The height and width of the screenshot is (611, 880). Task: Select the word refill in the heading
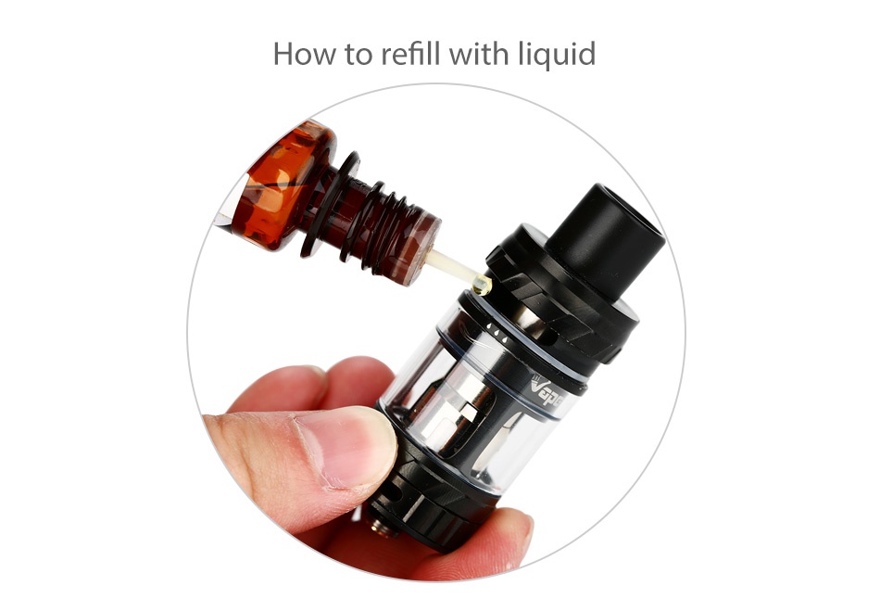point(410,54)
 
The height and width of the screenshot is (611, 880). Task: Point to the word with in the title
point(478,54)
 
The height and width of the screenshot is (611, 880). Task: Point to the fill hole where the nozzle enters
point(484,288)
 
